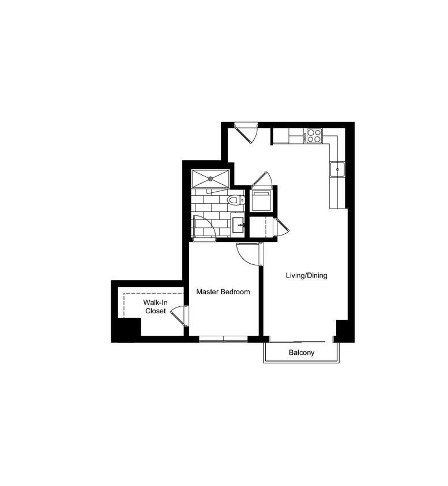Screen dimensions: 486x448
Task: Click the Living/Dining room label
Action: pyautogui.click(x=306, y=275)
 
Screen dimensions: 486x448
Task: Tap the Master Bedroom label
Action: pyautogui.click(x=223, y=292)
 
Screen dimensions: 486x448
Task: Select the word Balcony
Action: pyautogui.click(x=302, y=352)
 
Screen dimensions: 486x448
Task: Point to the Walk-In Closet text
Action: pyautogui.click(x=155, y=306)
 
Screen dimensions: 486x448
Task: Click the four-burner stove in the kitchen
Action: pyautogui.click(x=314, y=135)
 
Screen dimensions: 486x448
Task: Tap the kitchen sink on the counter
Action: pyautogui.click(x=337, y=169)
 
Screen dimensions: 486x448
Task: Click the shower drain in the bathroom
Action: pyautogui.click(x=210, y=178)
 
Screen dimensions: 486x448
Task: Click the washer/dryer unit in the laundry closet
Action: pyautogui.click(x=262, y=201)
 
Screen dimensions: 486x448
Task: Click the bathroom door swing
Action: pyautogui.click(x=204, y=226)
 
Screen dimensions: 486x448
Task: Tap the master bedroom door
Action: pyautogui.click(x=249, y=253)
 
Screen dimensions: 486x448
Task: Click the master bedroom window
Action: pyautogui.click(x=223, y=338)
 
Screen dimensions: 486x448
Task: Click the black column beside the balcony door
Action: pyautogui.click(x=342, y=329)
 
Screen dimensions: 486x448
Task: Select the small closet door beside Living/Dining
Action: pyautogui.click(x=281, y=227)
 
